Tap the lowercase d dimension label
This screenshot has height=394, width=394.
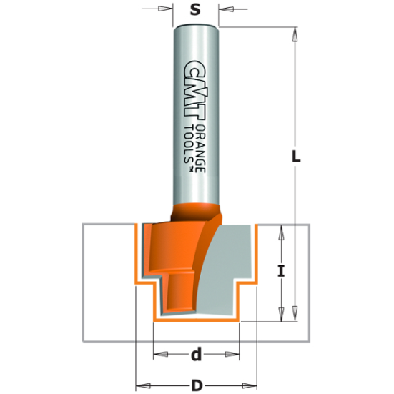pos(196,354)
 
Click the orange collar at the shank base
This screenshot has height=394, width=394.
pos(197,213)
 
